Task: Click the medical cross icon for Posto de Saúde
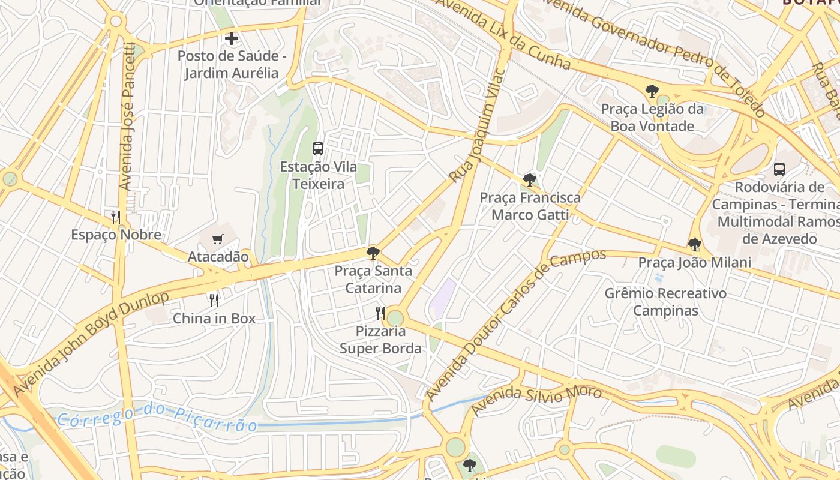tap(232, 39)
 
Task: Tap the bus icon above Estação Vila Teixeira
tap(318, 149)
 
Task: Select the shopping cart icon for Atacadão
tap(218, 239)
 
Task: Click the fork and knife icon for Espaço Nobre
tap(116, 217)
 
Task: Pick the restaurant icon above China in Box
tap(214, 300)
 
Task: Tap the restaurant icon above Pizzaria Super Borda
tap(380, 313)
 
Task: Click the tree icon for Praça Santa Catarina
tap(373, 253)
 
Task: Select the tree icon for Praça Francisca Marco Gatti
tap(529, 179)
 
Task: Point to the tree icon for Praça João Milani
tap(694, 244)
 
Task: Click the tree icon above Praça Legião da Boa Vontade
tap(652, 92)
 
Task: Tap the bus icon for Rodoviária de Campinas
tap(779, 169)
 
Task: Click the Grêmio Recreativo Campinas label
tap(665, 302)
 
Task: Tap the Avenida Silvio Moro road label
tap(536, 400)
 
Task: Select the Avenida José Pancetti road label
tap(127, 117)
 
